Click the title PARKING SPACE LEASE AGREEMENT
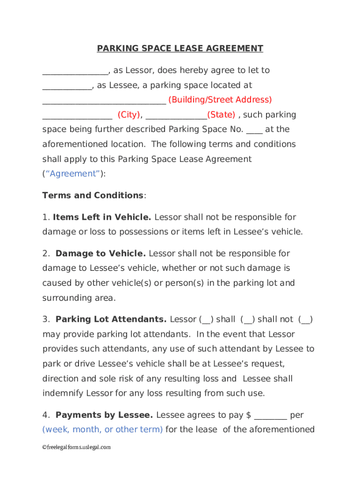180,49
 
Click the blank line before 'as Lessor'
75,71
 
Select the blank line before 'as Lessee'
67,86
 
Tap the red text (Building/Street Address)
220,100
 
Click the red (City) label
129,115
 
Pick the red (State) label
221,115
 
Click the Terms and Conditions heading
93,196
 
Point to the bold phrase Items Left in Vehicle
102,217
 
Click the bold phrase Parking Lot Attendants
111,319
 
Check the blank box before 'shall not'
248,320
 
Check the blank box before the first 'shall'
206,320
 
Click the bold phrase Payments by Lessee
104,415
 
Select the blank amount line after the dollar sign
270,416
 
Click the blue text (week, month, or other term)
102,429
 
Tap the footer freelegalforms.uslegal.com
77,447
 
